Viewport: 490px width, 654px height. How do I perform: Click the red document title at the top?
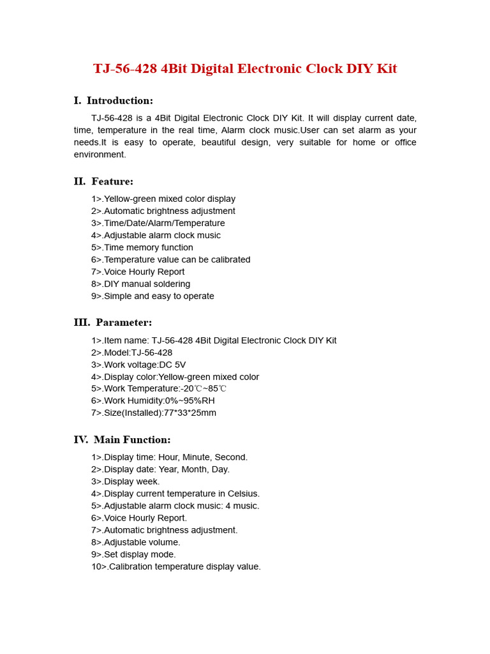245,69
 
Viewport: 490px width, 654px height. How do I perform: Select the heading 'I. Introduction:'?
114,101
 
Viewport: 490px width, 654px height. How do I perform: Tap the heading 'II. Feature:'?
103,182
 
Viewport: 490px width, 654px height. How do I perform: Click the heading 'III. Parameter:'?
113,323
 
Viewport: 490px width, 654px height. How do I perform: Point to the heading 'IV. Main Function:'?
122,440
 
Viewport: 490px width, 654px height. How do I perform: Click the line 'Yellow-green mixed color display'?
163,199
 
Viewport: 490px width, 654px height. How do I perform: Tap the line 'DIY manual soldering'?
141,284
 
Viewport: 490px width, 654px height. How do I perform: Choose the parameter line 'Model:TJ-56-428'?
132,353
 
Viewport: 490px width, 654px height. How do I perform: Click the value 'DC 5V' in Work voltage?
172,365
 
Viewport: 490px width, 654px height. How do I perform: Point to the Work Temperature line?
159,389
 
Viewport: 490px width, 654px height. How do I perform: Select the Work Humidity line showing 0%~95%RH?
153,401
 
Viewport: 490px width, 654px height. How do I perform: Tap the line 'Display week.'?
126,482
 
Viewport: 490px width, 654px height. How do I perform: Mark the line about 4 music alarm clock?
175,506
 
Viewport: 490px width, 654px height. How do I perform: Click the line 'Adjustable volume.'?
136,543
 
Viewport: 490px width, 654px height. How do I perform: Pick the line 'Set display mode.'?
134,555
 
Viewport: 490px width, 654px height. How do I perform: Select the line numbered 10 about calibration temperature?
176,567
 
